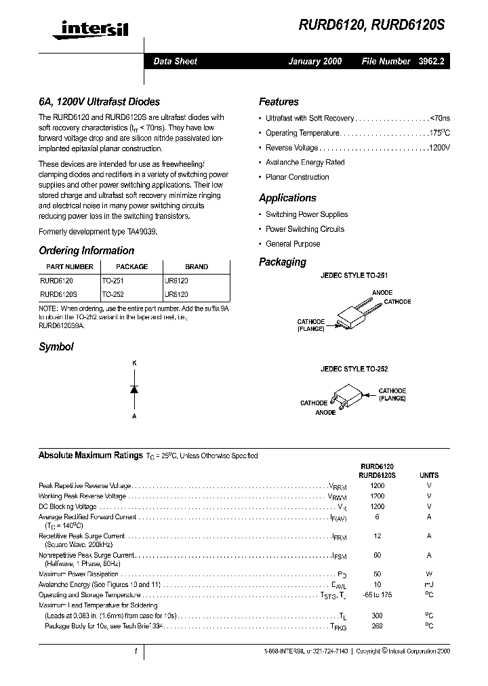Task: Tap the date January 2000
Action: click(315, 61)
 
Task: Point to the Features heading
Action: click(279, 102)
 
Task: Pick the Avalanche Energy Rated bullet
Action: click(305, 163)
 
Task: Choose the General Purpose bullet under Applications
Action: click(293, 244)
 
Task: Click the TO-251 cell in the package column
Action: click(113, 280)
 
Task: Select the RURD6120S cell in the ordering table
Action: click(59, 295)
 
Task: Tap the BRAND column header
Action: click(197, 266)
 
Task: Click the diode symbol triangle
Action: click(134, 389)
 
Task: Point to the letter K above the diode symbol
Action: click(134, 363)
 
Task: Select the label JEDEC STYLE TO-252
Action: click(354, 369)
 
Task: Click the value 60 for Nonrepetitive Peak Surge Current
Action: click(378, 555)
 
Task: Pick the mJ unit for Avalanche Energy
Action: click(429, 584)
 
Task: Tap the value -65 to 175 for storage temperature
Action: click(378, 594)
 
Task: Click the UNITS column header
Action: click(429, 475)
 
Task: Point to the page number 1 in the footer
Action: click(136, 651)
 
